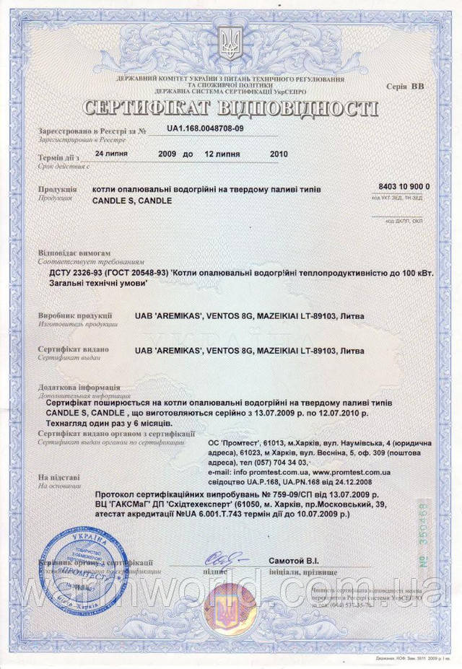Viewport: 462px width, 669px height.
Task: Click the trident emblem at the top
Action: click(231, 44)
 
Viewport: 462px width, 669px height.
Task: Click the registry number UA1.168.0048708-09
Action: click(205, 127)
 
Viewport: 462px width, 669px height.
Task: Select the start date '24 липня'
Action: click(115, 154)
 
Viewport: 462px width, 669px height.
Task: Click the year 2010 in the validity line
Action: click(277, 154)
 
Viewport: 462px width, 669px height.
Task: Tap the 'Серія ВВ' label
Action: click(411, 86)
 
